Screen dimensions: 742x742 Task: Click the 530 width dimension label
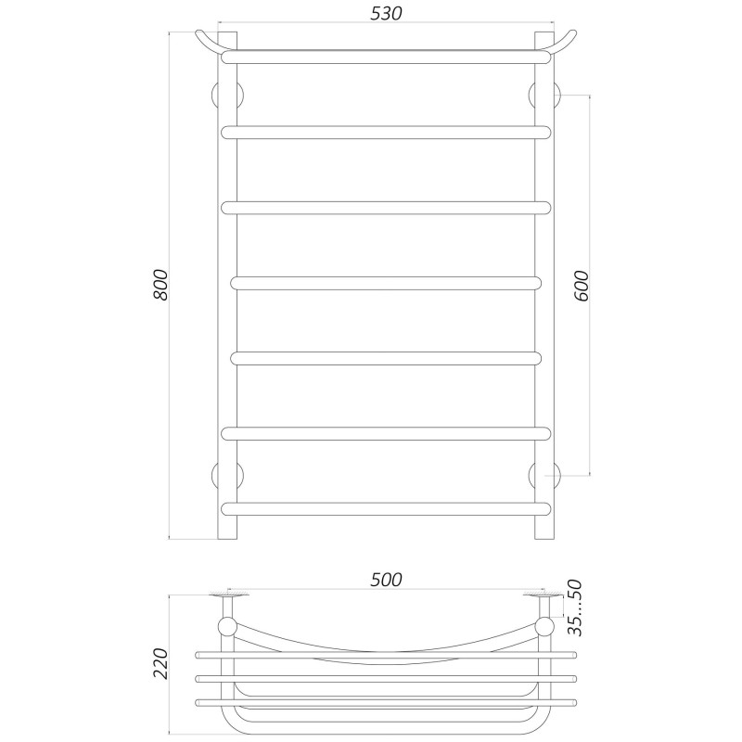[x=385, y=13]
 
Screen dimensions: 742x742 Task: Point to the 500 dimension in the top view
[x=385, y=580]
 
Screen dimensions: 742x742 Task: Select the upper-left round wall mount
[x=226, y=96]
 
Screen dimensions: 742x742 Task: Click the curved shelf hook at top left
[x=210, y=41]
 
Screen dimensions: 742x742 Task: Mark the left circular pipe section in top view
[x=227, y=626]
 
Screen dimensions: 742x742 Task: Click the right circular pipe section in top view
[x=544, y=626]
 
